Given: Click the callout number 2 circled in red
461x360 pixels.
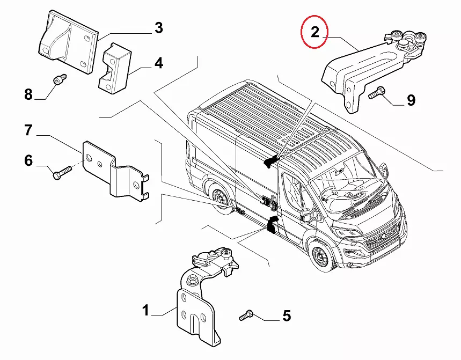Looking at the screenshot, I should tap(315, 32).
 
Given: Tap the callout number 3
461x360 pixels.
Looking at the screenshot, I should tap(158, 27).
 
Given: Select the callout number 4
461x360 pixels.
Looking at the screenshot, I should tap(158, 63).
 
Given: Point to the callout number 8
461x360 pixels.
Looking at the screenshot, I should tap(28, 95).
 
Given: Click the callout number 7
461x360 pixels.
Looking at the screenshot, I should tap(28, 129).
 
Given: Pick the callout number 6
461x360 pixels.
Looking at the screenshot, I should tap(28, 160).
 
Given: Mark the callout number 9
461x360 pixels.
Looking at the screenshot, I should tap(411, 99).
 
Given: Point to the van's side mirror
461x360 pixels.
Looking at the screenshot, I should tap(308, 215).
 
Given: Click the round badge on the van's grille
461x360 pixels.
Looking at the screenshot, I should tap(383, 236).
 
